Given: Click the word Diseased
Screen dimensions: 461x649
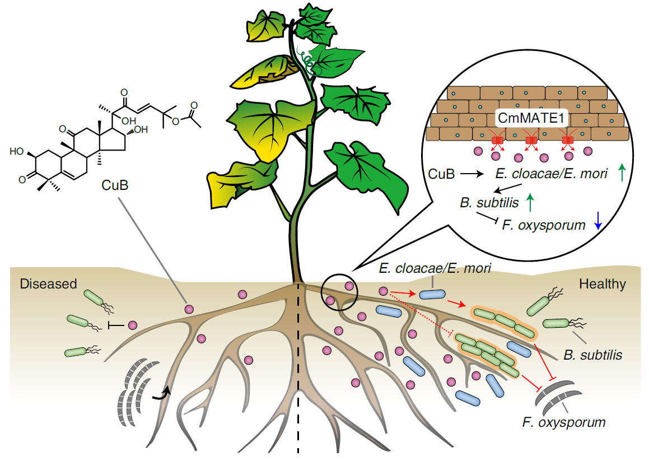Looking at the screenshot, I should click(x=48, y=284).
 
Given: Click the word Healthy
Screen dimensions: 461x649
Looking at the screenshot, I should click(x=603, y=284).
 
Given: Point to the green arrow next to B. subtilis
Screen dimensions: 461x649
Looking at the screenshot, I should click(x=531, y=201).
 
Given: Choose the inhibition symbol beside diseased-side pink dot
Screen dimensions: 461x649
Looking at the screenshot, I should click(x=115, y=325).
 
